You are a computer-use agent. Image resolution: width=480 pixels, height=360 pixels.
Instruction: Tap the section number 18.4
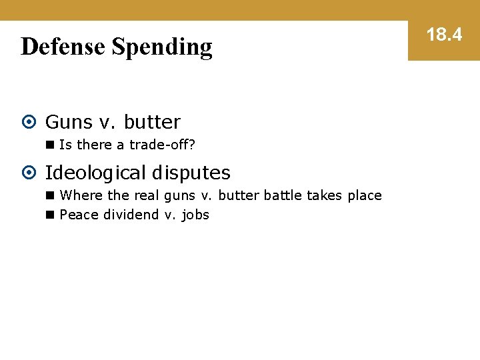(444, 35)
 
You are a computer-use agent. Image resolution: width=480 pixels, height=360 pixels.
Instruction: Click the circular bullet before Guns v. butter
(29, 122)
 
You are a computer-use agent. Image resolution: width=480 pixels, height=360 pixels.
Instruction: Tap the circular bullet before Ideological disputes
(29, 173)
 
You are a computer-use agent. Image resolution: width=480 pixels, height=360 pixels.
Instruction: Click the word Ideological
(95, 173)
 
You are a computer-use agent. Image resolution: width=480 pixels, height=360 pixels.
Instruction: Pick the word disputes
(191, 173)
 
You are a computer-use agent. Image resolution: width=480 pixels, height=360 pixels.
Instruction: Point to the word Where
(81, 195)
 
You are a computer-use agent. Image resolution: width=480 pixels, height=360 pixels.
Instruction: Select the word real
(146, 195)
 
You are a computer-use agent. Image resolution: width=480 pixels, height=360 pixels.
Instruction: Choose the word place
(364, 196)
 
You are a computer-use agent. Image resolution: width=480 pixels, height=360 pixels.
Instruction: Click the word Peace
(79, 215)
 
